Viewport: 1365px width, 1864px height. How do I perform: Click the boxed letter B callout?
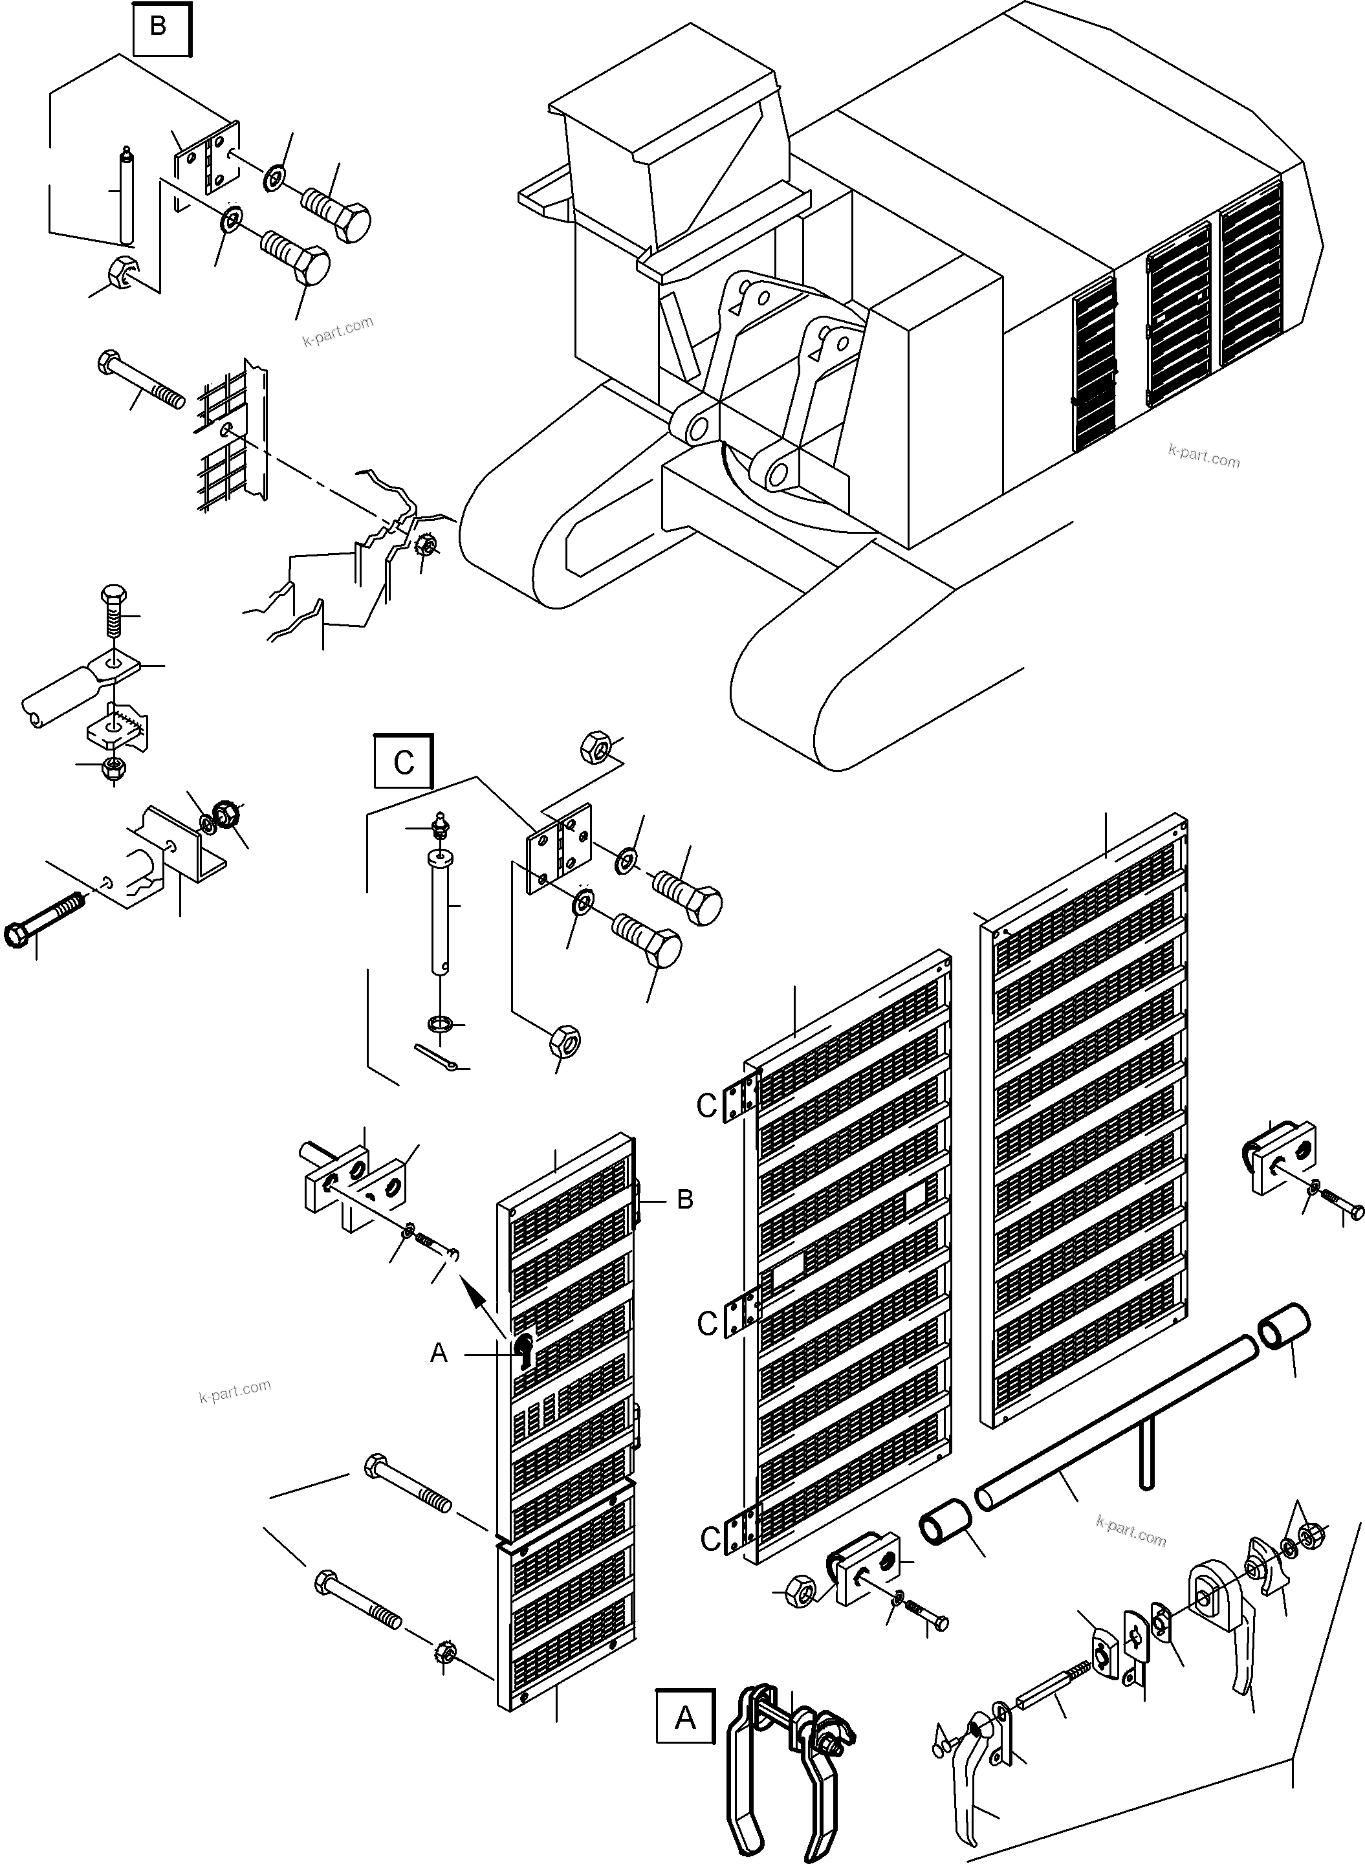pos(158,27)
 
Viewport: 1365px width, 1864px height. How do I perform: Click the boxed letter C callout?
pos(402,761)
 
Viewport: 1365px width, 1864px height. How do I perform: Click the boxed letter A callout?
pos(685,1718)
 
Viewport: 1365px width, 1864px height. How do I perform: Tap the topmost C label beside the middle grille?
pos(706,1106)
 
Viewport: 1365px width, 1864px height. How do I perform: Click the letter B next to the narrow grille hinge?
pos(684,1200)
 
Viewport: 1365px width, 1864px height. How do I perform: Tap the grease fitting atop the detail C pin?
pos(441,823)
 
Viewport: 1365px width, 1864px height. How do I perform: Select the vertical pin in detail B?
pos(126,195)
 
